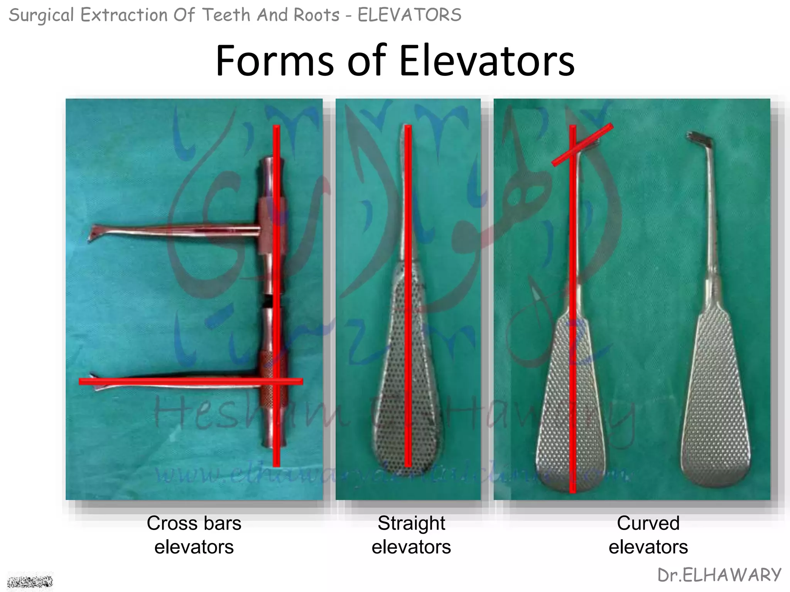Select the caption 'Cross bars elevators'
coord(194,535)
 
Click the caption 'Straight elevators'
coord(411,535)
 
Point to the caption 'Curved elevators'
coord(648,535)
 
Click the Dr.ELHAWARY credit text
coord(719,575)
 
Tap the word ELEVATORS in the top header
coord(409,15)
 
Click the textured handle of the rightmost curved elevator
coord(716,401)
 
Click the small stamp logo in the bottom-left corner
coord(30,581)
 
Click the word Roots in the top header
coord(316,15)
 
